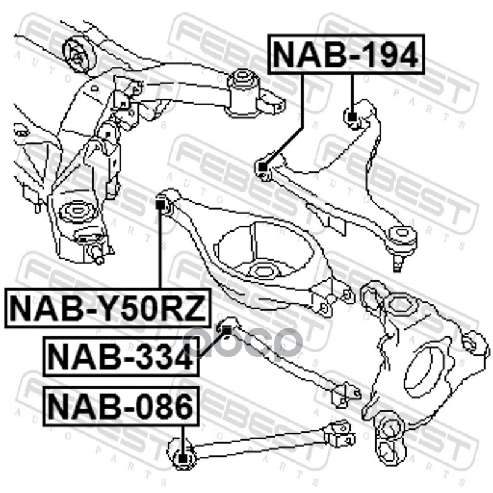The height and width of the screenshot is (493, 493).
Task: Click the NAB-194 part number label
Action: [x=345, y=54]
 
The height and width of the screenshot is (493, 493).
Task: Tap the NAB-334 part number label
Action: [x=120, y=356]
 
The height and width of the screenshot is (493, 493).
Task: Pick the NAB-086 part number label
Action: [x=120, y=407]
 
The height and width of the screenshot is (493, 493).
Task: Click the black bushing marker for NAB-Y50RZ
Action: [x=162, y=203]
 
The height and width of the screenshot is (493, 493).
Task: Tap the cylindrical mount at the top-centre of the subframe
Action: [x=244, y=90]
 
